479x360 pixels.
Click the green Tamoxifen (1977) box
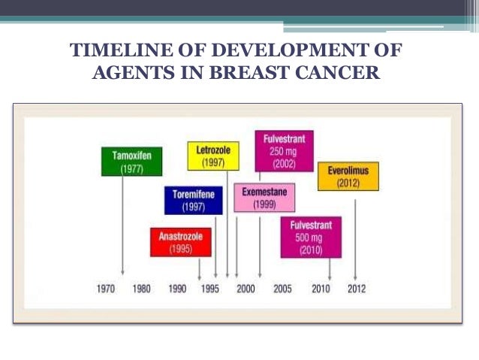coord(131,162)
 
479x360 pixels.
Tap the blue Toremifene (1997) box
coord(193,201)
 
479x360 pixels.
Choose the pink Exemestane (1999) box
coord(264,198)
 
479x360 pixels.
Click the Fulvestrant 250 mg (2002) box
coord(284,151)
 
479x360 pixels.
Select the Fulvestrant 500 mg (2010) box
coord(310,237)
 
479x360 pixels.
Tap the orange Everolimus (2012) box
coord(348,177)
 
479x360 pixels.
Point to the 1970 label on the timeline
coord(106,289)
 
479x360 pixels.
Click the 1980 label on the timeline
coord(141,289)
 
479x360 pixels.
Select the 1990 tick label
coord(177,289)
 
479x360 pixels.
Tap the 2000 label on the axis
coord(245,289)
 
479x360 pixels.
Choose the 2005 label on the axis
coord(282,289)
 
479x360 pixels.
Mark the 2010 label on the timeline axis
coord(321,289)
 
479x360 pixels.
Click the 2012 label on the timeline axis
coord(355,289)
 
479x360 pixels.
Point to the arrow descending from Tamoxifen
coord(122,225)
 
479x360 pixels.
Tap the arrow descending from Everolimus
coord(355,233)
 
